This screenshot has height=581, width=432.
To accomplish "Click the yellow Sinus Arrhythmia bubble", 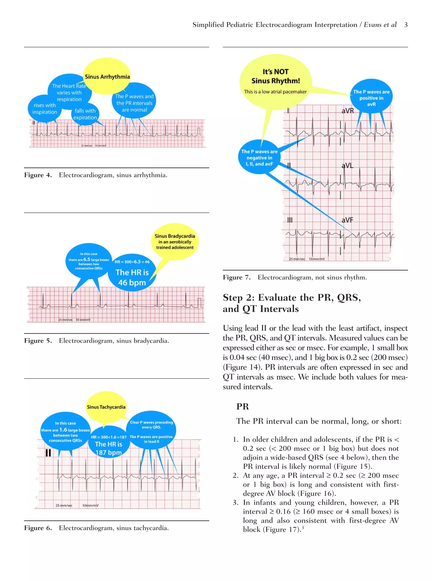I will pos(107,77).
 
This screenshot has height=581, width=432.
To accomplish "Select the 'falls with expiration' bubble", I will pos(85,114).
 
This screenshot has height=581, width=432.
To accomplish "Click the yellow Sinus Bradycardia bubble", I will pos(175,242).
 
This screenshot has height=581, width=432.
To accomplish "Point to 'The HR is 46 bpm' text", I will pos(132,277).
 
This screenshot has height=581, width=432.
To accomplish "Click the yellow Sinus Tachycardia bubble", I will pos(106,407).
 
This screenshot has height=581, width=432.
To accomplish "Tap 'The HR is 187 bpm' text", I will pos(108,448).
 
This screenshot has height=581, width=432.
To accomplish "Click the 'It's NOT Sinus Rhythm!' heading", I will pos(276,76).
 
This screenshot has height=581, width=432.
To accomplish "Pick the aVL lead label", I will pos(347,166).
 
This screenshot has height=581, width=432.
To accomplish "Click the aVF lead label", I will pos(347,220).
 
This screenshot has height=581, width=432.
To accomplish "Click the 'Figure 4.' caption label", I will pos(38,175).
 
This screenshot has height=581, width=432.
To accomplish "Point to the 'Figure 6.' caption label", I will pos(38,528).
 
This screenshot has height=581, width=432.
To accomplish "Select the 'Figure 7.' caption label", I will pos(237,277).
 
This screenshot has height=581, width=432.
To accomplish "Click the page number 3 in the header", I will pos(406,25).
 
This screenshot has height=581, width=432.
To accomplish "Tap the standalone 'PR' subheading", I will pos(243,406).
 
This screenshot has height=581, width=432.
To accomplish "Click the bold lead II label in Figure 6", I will pos(48,453).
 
